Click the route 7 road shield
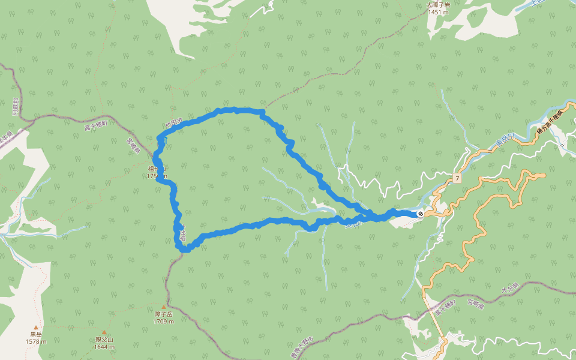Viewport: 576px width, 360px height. tap(457, 179)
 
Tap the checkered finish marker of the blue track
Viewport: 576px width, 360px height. tap(421, 213)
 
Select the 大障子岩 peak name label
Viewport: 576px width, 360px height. tap(438, 5)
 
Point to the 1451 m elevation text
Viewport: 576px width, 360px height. tap(438, 12)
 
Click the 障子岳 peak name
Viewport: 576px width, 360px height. tap(163, 314)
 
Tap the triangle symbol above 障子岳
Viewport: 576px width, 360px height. tap(163, 306)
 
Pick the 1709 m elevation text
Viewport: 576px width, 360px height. tap(163, 322)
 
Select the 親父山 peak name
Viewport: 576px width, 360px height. tap(104, 340)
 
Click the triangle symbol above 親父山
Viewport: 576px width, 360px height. tap(104, 332)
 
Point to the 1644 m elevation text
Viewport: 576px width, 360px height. tap(104, 347)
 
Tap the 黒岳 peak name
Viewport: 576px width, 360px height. tap(36, 334)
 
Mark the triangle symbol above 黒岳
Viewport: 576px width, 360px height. tap(36, 327)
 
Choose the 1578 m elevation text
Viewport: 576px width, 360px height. tap(36, 341)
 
